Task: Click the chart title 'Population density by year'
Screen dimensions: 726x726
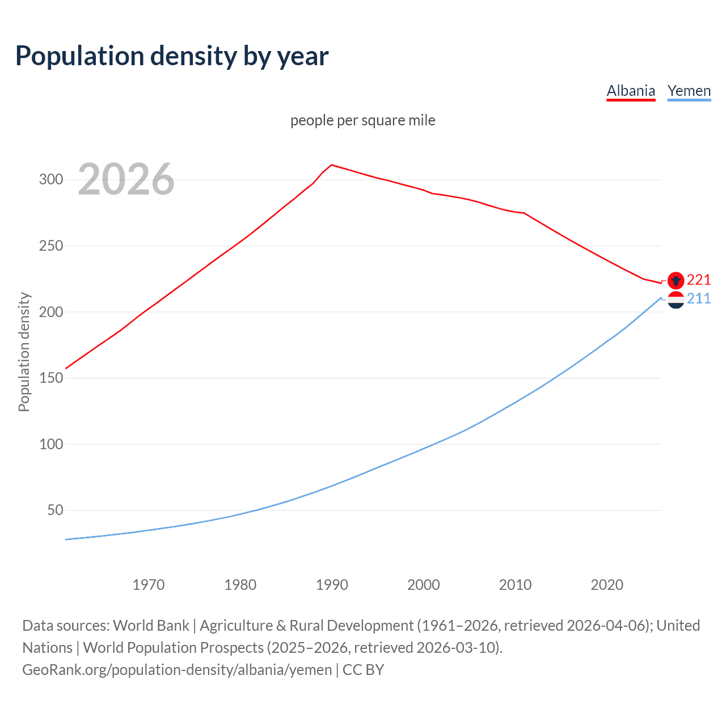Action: tap(172, 56)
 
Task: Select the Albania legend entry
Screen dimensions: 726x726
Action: tap(631, 91)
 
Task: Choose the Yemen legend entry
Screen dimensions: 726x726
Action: tap(689, 91)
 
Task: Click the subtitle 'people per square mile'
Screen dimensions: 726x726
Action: tap(363, 120)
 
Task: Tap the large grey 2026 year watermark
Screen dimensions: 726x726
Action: tap(126, 179)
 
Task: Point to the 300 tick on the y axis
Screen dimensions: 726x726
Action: tap(50, 180)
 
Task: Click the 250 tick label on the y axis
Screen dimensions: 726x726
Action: tap(50, 246)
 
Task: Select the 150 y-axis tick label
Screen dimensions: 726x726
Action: tap(50, 378)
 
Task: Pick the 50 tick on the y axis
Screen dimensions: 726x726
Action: tap(55, 510)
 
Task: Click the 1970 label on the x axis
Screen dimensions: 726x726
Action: tap(149, 585)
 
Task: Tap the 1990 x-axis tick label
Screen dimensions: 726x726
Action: tap(332, 585)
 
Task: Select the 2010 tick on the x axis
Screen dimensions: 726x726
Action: tap(515, 585)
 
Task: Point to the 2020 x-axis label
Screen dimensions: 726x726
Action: tap(607, 585)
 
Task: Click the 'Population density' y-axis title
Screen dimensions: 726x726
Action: tap(24, 352)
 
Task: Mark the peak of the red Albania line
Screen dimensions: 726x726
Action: tap(332, 165)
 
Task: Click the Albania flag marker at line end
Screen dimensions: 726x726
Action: tap(676, 280)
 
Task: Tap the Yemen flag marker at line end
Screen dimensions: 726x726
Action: tap(676, 299)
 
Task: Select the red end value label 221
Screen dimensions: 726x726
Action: tap(699, 280)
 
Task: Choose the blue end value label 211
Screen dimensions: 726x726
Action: tap(699, 298)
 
